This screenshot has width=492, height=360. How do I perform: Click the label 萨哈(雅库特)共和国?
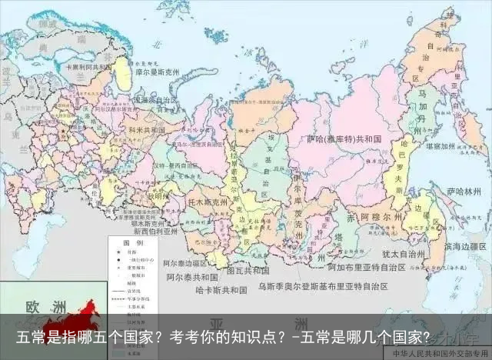[344, 139]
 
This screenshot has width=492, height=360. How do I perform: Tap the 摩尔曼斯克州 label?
[157, 72]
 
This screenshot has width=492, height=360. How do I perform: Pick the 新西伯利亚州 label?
[155, 230]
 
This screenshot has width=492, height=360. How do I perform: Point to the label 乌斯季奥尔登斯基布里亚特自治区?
[323, 286]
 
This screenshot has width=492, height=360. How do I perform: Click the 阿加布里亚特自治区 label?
[366, 268]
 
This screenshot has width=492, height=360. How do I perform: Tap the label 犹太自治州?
[404, 252]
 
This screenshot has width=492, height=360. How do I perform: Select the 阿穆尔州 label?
[374, 218]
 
